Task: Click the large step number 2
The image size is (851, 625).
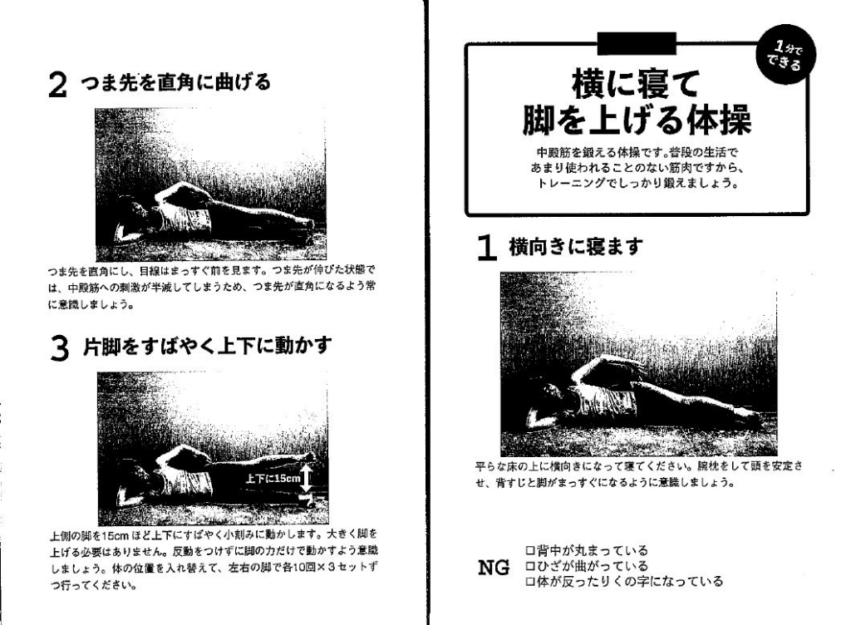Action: coord(57,85)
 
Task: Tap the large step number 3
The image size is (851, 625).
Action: coord(59,347)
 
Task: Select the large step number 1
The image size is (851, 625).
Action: coord(487,248)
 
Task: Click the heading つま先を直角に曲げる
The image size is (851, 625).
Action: coord(175,82)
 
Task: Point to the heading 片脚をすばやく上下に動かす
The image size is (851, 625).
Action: coord(207,346)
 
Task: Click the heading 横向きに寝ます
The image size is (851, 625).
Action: coord(575,247)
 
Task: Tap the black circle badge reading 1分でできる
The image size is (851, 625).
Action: coord(785,56)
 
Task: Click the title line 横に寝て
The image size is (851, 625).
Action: coord(636,84)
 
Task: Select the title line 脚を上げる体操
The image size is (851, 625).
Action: coord(637,120)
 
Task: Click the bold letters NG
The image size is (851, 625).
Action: coord(494,568)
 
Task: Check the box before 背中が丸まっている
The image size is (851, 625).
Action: coord(530,551)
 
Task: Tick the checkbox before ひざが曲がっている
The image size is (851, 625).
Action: coord(530,567)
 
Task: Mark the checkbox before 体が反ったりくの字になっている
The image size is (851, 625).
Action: coord(530,582)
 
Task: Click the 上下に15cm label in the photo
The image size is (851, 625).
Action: coord(273,479)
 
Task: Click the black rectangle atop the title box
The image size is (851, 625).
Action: coord(636,43)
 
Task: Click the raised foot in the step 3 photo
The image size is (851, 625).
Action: coord(307,457)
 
